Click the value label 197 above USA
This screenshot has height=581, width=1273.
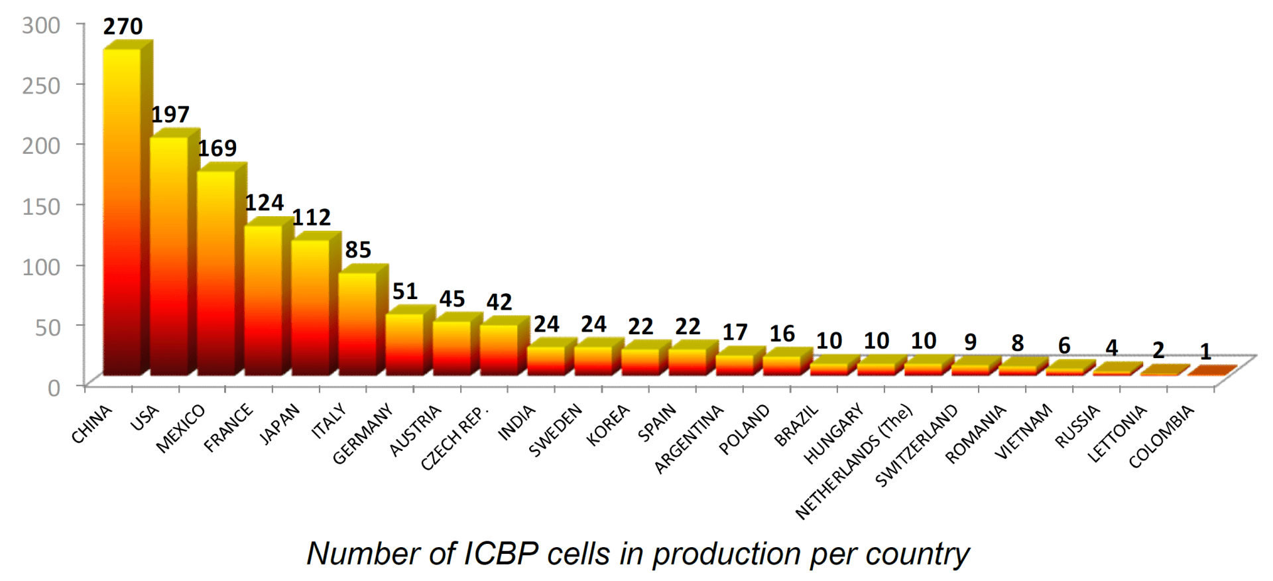[x=170, y=115]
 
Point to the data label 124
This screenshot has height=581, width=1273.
[x=265, y=203]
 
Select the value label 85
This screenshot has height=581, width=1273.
[x=358, y=250]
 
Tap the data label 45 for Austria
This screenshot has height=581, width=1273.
[x=452, y=299]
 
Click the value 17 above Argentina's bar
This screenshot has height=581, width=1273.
[x=735, y=332]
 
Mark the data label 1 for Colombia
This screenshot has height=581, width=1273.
[x=1206, y=352]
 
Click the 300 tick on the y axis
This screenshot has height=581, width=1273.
[x=41, y=25]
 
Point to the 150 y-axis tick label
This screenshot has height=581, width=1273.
[x=41, y=206]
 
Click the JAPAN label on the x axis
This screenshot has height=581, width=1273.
[x=279, y=423]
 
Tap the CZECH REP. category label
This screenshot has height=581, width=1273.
[x=455, y=436]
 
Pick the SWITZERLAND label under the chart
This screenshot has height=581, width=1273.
[x=917, y=444]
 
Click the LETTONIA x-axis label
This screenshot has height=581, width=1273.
[x=1117, y=432]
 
